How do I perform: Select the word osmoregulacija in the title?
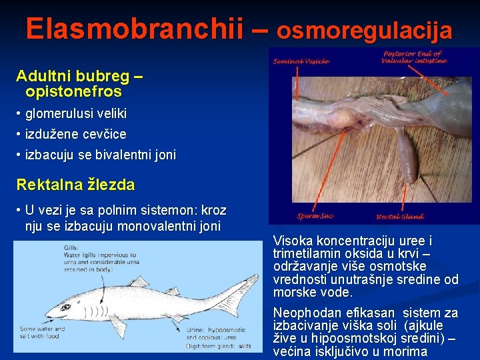365,30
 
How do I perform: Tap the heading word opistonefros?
73,91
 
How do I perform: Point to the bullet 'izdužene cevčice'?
75,134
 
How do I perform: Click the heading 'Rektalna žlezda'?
75,185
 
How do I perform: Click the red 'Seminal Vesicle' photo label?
301,61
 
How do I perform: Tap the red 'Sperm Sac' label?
315,216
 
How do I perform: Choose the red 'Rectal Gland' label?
400,216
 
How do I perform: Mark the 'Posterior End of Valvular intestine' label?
413,57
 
